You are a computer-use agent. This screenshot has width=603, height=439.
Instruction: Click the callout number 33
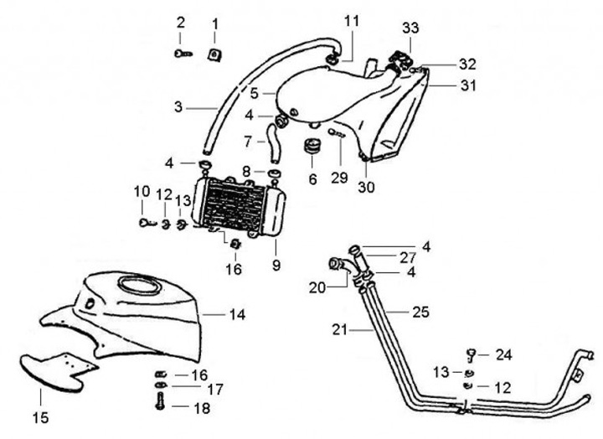pos(410,28)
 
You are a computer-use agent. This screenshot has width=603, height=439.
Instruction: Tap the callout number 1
pos(214,23)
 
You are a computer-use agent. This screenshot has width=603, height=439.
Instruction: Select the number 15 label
pos(41,416)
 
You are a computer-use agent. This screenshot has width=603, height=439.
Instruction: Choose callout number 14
pos(238,315)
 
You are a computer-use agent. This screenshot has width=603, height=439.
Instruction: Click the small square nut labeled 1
pos(215,54)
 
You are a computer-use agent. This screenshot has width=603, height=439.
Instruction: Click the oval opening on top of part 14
pos(137,285)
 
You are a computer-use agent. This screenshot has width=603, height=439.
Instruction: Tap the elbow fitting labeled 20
pos(339,265)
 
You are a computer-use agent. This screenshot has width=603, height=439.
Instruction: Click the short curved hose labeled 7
pos(274,141)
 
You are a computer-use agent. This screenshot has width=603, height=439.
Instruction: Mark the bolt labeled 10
pos(144,222)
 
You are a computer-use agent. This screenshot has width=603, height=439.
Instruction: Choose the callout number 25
pos(420,312)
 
